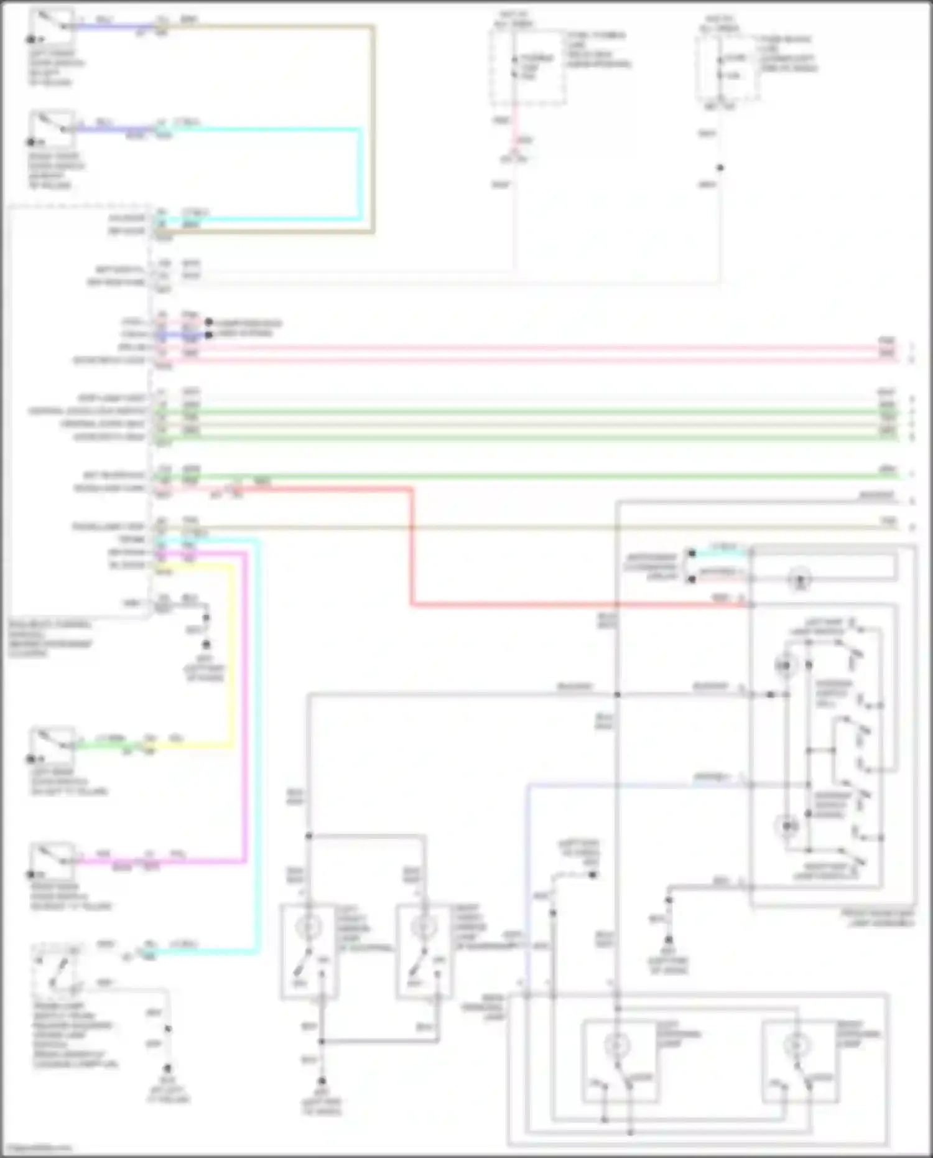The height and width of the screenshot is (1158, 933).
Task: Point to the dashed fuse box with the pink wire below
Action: [x=527, y=67]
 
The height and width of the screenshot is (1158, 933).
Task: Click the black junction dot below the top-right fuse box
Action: [x=720, y=168]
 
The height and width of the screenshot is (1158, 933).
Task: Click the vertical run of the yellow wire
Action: [x=234, y=653]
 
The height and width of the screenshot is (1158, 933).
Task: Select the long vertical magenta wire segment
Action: [x=246, y=703]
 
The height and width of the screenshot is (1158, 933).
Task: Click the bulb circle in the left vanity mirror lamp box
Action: [x=309, y=927]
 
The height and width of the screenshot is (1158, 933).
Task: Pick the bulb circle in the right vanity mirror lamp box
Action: [x=425, y=927]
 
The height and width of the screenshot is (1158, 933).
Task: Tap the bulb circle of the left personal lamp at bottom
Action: [x=617, y=1045]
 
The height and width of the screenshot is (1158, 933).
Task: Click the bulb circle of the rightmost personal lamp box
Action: [x=797, y=1045]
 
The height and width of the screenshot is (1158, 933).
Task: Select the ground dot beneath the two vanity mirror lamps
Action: [x=322, y=1081]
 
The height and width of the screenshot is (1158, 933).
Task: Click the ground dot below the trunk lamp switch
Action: [x=168, y=1068]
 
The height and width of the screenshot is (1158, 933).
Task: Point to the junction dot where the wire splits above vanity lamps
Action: [x=309, y=836]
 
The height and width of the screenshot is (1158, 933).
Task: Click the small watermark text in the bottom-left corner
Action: [x=36, y=1149]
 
